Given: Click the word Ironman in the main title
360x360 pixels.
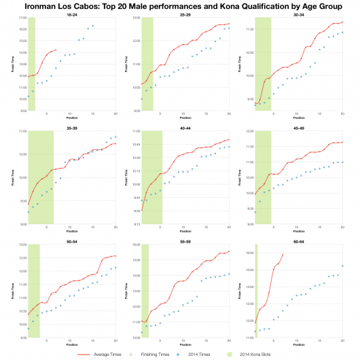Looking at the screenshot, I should coord(38,5).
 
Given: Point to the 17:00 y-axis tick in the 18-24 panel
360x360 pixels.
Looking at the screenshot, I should coord(22,18).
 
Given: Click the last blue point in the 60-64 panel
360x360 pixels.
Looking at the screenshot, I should coord(342,266).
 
